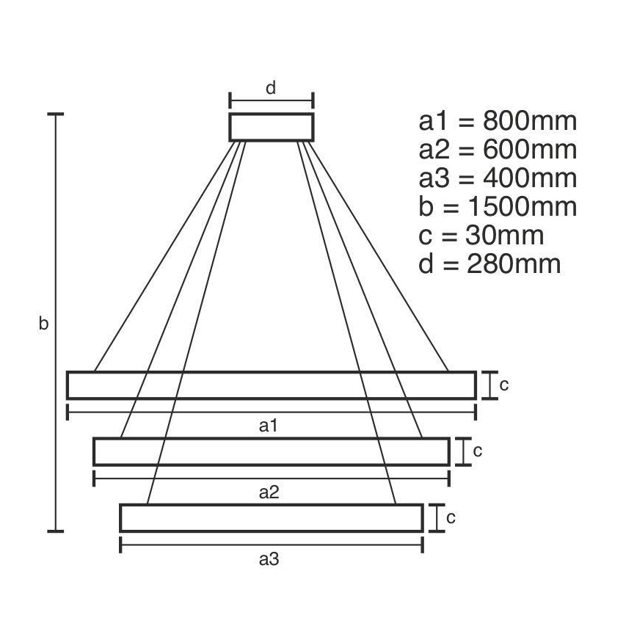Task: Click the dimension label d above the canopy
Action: (271, 89)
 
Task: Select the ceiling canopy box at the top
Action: (272, 126)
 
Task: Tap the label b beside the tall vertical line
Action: (43, 323)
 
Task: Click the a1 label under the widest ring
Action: (270, 425)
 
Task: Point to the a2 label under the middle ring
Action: (269, 492)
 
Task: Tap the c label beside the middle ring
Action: (477, 451)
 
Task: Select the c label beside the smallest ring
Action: (451, 517)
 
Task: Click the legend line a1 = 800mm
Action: (498, 121)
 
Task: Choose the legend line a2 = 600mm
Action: (498, 150)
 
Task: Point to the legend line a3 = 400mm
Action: (498, 178)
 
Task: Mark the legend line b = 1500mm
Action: (498, 207)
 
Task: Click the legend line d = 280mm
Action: (489, 264)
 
